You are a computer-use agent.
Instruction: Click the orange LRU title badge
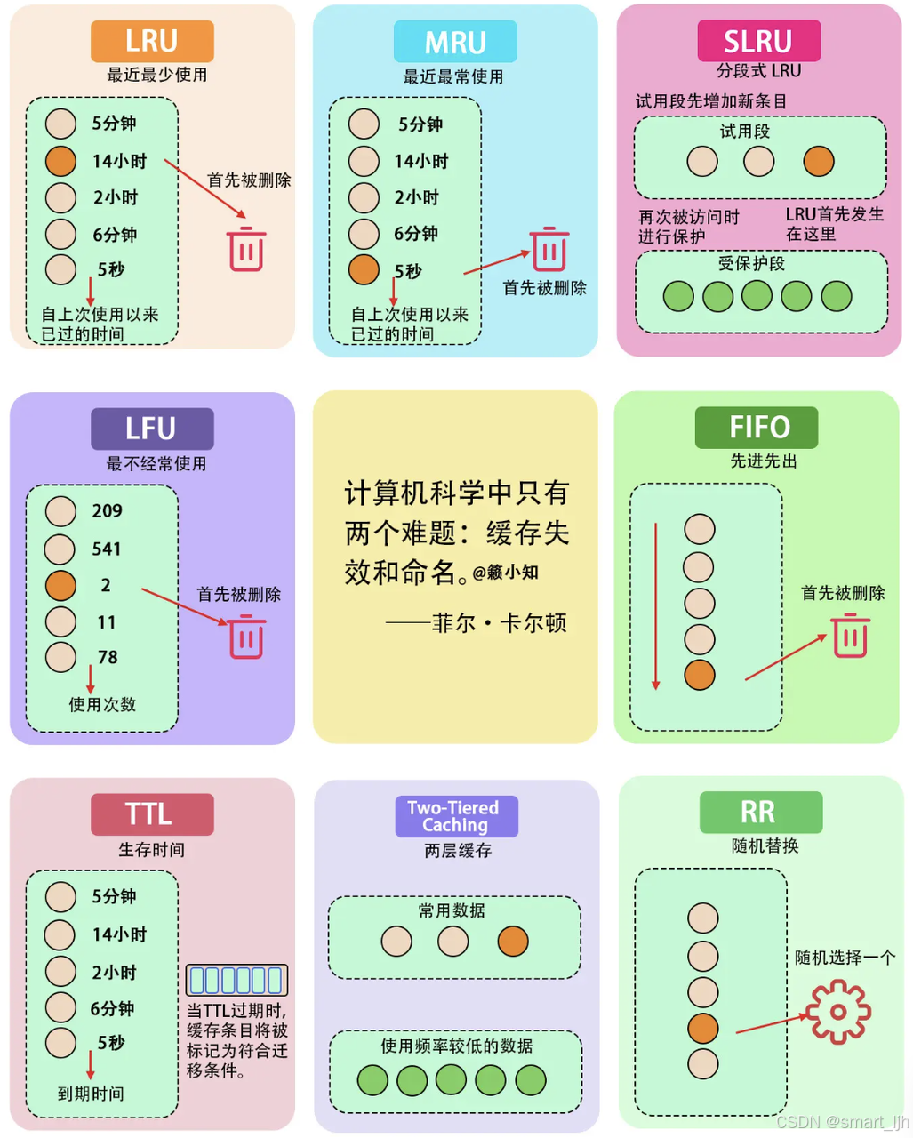(x=152, y=41)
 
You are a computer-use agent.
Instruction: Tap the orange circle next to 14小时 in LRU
(x=60, y=161)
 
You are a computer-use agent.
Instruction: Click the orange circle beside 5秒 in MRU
(x=364, y=269)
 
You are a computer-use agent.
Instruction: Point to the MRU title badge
(x=455, y=42)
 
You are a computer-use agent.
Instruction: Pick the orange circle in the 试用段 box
(x=818, y=161)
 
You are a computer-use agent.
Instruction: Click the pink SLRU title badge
(x=758, y=41)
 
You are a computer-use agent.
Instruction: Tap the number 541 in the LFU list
(x=107, y=549)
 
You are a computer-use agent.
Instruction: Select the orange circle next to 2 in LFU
(x=60, y=585)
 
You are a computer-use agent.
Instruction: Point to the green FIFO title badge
(x=757, y=428)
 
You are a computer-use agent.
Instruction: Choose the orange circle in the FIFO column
(x=700, y=675)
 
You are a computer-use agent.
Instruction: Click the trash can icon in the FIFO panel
(x=850, y=636)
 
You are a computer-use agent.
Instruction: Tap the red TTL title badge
(x=152, y=814)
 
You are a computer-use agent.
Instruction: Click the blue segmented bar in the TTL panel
(x=236, y=980)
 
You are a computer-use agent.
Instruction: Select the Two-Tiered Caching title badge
(x=456, y=816)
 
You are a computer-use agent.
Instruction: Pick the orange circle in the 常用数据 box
(x=513, y=941)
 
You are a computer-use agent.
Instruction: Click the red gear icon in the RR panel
(x=837, y=1012)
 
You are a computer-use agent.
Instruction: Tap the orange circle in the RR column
(x=702, y=1028)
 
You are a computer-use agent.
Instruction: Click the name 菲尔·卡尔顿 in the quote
(x=499, y=623)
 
